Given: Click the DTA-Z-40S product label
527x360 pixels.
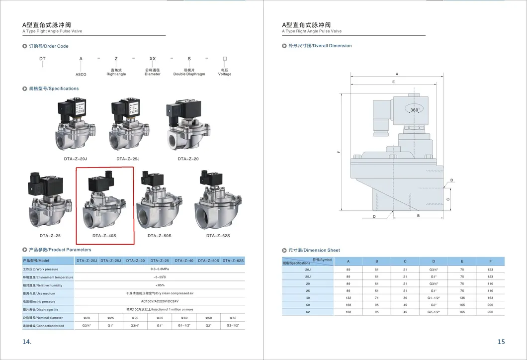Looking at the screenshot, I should pos(104,235).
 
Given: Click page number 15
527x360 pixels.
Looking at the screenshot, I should pos(501,342).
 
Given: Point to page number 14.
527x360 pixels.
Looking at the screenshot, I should pos(27,342).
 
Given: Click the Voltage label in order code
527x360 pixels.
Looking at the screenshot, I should pos(225,74).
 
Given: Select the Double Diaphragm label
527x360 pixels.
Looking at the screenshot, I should pos(189,74).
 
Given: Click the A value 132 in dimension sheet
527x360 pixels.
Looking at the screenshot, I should pos(348,298).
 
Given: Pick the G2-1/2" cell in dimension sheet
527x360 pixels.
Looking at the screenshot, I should pos(434,312).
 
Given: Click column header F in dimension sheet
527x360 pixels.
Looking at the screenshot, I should pos(490,261).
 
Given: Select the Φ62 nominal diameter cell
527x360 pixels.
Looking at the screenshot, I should pos(233,317).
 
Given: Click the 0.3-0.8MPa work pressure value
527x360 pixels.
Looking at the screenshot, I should pos(160,269).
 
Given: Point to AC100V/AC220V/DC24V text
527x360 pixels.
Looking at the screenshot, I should pos(160,301).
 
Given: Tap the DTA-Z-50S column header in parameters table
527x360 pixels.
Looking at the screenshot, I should pos(208,261).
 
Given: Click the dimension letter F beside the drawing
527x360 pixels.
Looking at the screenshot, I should pos(338,152).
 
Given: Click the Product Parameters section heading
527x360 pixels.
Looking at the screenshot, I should pos(60,250).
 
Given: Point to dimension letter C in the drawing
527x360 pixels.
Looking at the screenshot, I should pos(448,199).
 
